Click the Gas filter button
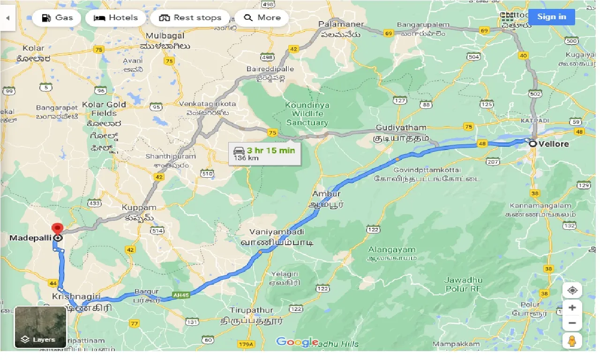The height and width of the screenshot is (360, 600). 57,18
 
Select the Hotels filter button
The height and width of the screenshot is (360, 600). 115,18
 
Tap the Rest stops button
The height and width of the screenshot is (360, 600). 190,18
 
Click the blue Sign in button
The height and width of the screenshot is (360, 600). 551,17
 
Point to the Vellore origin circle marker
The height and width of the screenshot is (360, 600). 533,144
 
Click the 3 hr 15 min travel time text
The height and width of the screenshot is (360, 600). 271,150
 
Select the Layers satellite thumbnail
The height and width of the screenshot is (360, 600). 40,327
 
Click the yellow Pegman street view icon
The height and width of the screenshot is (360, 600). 572,342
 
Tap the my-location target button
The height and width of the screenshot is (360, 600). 572,291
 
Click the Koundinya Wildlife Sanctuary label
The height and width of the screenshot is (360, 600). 307,114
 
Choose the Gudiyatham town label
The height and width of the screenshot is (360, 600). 401,127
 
